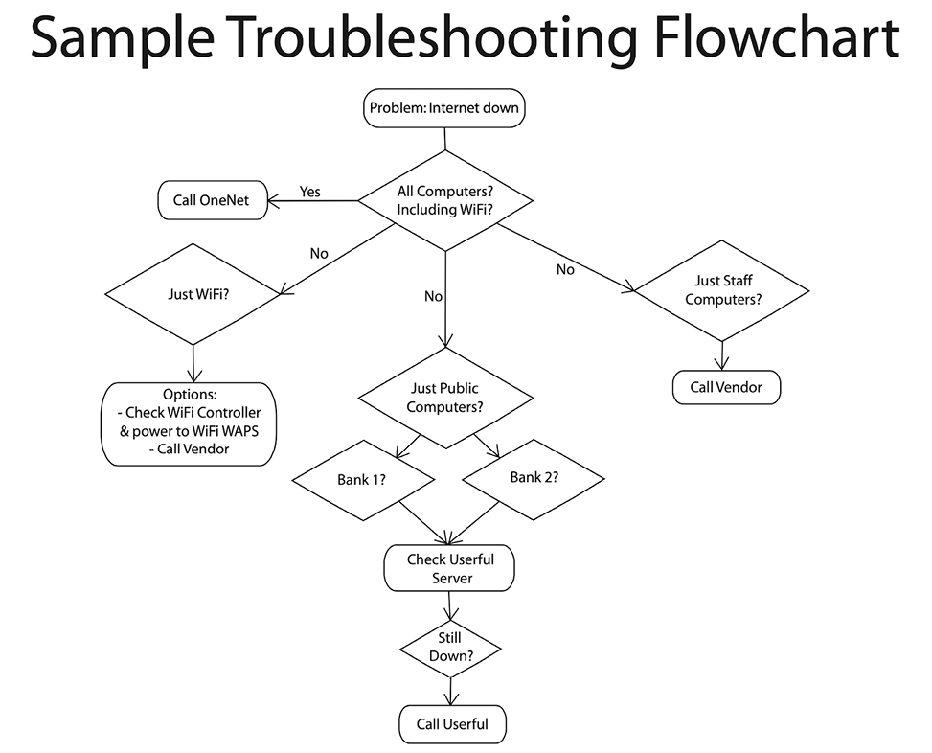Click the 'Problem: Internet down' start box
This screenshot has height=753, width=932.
click(444, 107)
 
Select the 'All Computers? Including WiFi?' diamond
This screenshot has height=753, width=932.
click(444, 201)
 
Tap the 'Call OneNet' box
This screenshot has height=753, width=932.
click(212, 200)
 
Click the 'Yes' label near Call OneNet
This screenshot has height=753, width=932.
click(310, 192)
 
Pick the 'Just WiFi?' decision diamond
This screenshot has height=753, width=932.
click(194, 293)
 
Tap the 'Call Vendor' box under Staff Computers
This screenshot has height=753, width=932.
click(723, 388)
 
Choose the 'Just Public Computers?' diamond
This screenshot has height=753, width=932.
click(444, 397)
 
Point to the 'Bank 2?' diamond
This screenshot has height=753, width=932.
click(534, 478)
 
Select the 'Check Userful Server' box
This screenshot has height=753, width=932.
click(449, 568)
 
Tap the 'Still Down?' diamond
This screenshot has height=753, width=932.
click(449, 647)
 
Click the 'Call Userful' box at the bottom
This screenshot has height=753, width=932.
click(451, 724)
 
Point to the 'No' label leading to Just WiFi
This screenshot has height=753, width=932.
click(319, 254)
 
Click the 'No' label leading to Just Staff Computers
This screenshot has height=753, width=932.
click(565, 269)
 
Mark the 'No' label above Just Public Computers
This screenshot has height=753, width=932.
click(433, 296)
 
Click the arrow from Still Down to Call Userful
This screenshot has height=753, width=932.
click(449, 692)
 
